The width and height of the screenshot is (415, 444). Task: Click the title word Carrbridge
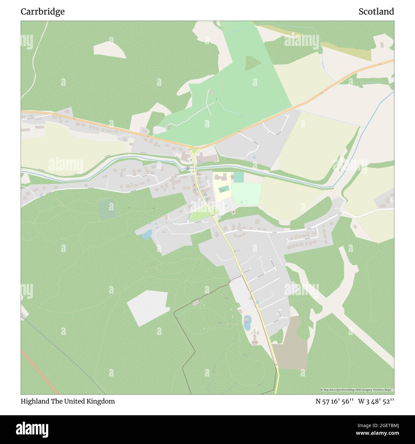pos(42,12)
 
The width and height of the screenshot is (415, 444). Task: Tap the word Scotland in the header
pos(376,12)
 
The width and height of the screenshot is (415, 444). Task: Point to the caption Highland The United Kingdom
pos(68,401)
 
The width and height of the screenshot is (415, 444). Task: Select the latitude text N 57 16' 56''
pos(334,401)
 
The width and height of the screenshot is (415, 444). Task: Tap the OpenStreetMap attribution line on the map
pos(357,390)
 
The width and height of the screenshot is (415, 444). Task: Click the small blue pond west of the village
pos(147,235)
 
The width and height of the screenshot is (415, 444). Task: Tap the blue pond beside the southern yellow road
pos(247,323)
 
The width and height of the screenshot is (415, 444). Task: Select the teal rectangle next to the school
pos(238,177)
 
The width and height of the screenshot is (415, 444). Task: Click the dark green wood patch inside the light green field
pos(253,63)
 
